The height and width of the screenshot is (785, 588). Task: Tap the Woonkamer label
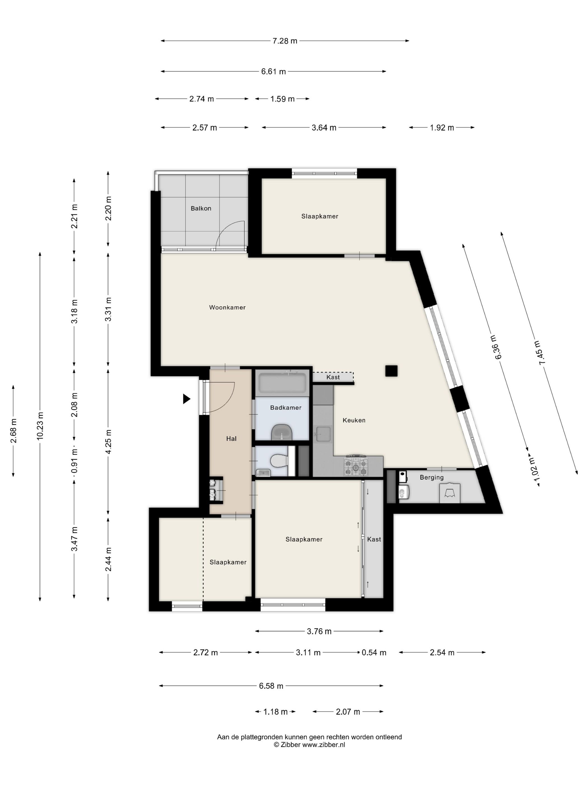pos(227,307)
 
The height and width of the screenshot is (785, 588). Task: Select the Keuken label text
pos(354,420)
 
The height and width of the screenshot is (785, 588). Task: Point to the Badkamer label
pos(286,408)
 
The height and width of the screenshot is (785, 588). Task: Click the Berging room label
pos(431,478)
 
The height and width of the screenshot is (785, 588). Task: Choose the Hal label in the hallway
pos(231,439)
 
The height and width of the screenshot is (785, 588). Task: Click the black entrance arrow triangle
pos(186,399)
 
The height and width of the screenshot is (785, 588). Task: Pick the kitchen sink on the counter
pos(323,434)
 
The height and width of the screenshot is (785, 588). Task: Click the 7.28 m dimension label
pos(284,41)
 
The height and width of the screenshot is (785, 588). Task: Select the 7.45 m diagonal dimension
pos(539,352)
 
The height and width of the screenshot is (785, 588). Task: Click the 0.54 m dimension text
pos(374,652)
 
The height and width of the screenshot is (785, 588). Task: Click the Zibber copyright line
pos(309,745)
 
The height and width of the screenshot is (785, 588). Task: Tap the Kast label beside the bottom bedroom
pos(374,539)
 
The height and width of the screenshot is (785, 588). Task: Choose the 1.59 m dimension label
pos(283,99)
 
